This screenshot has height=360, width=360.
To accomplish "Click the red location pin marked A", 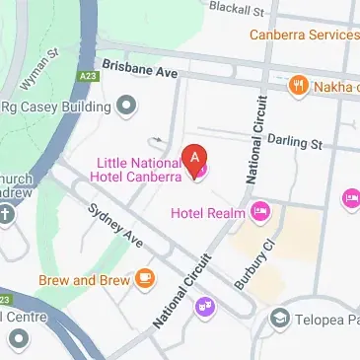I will [x=196, y=157].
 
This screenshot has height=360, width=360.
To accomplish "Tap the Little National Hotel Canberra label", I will [x=138, y=170].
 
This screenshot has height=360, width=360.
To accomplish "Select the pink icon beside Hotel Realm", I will [x=260, y=209].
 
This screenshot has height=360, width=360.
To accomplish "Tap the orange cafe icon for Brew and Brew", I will [x=145, y=279].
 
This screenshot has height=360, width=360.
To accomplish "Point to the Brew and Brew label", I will [x=85, y=280].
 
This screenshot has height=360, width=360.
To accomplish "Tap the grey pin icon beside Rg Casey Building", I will [x=125, y=104].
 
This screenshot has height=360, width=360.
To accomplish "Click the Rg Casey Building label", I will [x=55, y=106].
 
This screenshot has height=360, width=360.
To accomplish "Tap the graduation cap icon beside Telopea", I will [x=280, y=319].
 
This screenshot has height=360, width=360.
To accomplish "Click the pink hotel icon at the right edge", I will [x=350, y=199].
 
